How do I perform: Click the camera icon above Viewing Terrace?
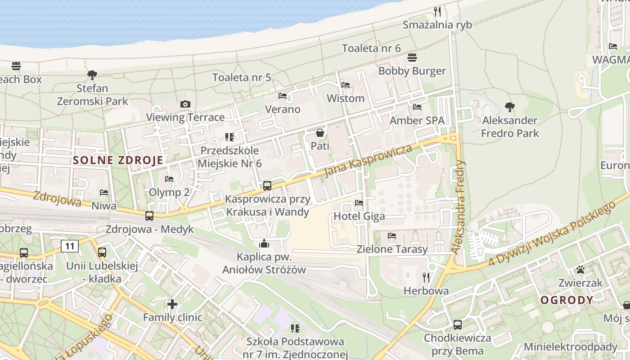point(185,104)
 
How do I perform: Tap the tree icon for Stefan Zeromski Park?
point(92,75)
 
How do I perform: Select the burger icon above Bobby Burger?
point(412,58)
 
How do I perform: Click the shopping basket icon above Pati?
point(320,133)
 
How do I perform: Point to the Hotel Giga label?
point(359,216)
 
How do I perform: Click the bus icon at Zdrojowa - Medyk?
point(149,216)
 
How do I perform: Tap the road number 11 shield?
point(70,246)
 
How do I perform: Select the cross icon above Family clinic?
point(172,304)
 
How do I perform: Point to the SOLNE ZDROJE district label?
point(118,160)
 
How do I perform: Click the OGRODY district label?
point(567,300)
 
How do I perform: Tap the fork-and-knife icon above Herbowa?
point(426,277)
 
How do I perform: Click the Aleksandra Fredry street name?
point(459,207)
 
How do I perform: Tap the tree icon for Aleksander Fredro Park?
point(509,107)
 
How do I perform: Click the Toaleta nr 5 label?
point(242,77)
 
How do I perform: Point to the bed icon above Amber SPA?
point(417,107)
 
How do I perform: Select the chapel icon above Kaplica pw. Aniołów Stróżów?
point(264,244)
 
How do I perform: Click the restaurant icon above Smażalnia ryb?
point(437,11)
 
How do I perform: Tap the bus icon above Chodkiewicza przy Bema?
point(458,324)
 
